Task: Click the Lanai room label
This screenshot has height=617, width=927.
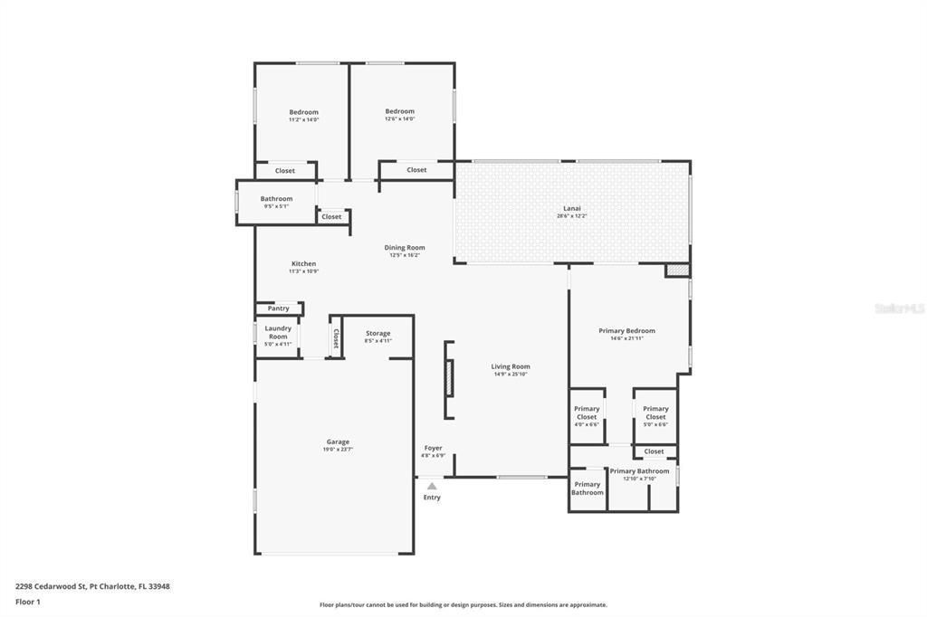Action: [572, 208]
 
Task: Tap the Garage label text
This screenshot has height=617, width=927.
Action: [338, 441]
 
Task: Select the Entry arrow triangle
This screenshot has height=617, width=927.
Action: [432, 486]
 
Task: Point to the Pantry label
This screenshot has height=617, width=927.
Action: [278, 308]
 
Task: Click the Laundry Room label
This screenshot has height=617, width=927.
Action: [277, 332]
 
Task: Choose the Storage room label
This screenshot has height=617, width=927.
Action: [377, 333]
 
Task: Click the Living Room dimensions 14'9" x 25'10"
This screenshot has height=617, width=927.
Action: [511, 374]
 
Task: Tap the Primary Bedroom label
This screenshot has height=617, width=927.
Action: [626, 330]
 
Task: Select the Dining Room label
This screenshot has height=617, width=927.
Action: [404, 247]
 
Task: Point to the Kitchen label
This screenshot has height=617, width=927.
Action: [303, 263]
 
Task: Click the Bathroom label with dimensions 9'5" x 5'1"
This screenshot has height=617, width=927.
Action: [276, 198]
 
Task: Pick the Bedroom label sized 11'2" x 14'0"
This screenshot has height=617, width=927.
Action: [303, 112]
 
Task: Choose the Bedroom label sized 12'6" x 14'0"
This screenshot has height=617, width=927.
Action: [399, 111]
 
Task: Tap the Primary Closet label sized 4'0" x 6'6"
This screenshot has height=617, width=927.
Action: [587, 413]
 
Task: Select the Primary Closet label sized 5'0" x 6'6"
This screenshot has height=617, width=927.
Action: [655, 413]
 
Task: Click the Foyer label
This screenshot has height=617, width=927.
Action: [433, 448]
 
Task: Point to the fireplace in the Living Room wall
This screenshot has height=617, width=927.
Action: [448, 379]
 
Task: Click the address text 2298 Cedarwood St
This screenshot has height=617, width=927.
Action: [51, 586]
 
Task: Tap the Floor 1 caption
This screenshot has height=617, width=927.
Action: [28, 601]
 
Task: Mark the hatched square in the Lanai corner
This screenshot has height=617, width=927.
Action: [676, 270]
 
